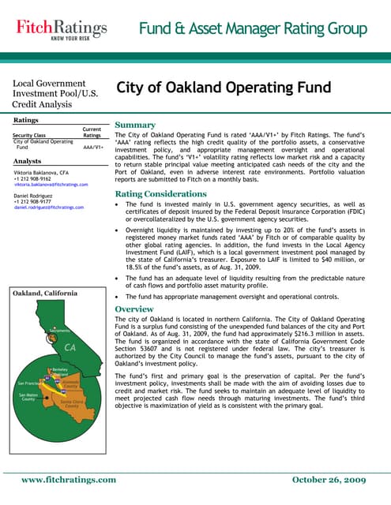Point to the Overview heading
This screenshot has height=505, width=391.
[x=139, y=309]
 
